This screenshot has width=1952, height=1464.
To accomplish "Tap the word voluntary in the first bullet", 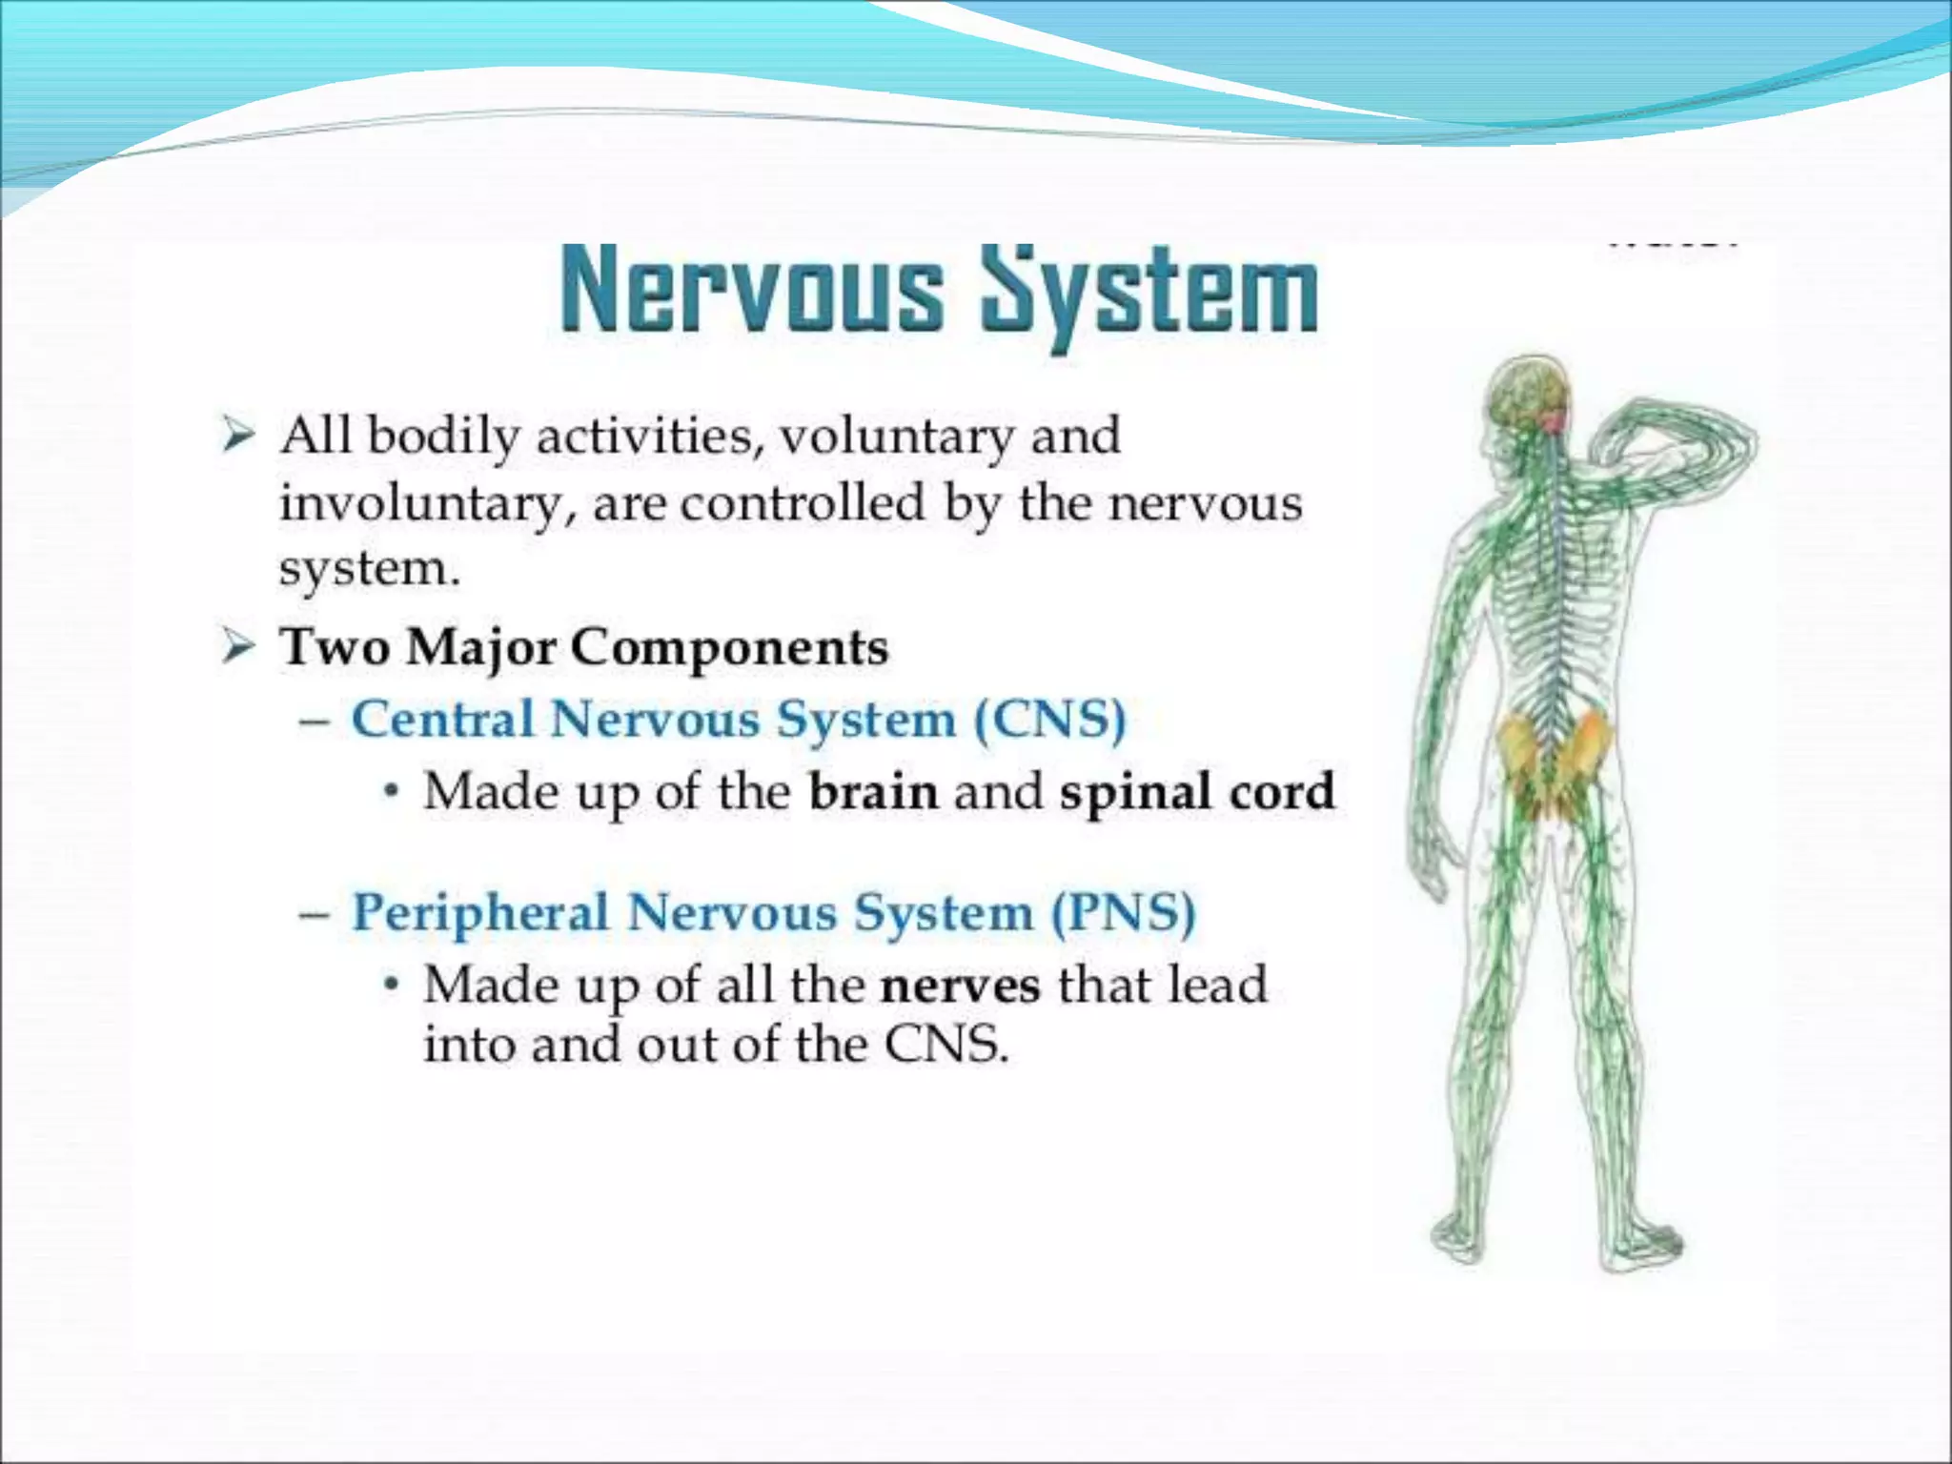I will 897,437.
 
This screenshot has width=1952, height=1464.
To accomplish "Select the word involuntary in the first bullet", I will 419,503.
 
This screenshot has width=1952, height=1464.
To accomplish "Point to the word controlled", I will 803,502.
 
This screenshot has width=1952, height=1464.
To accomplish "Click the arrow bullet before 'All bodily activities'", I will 238,437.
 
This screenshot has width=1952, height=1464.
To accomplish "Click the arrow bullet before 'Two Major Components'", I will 238,648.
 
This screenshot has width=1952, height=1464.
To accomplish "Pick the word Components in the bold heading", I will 729,649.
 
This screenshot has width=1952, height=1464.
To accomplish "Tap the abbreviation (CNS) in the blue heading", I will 1049,719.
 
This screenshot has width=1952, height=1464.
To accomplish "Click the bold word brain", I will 873,791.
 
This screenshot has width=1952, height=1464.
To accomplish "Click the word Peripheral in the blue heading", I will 480,912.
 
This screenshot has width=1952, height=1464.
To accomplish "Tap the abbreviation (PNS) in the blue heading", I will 1123,912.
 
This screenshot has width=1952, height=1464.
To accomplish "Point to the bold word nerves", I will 960,985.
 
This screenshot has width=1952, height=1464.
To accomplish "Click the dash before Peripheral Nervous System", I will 315,913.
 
